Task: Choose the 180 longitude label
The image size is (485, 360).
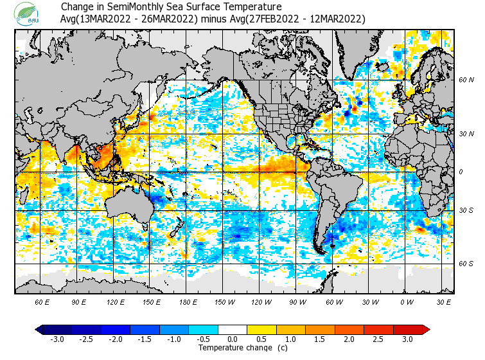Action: point(188,301)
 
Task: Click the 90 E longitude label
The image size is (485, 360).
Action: point(79,301)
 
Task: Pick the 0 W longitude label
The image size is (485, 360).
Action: point(407,301)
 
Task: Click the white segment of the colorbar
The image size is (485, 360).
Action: point(233,330)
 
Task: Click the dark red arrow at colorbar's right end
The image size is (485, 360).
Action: point(425,330)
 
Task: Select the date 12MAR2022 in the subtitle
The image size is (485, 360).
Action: point(333,19)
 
